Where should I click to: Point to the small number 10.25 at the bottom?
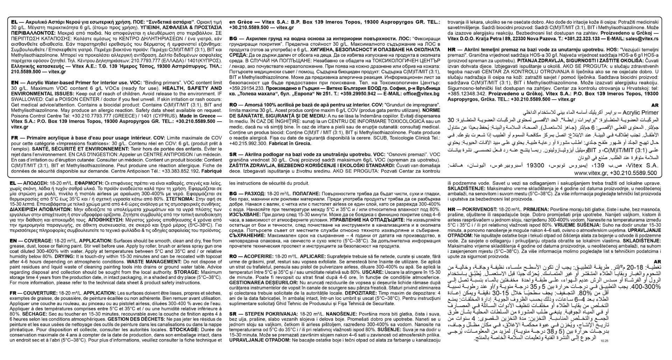coord(604,340)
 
